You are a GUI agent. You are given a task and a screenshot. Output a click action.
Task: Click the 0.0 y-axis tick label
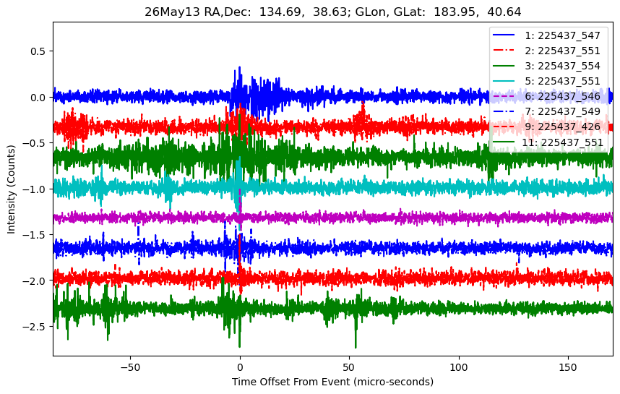pos(38,98)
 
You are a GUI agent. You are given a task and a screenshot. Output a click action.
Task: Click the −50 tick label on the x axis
pos(130,367)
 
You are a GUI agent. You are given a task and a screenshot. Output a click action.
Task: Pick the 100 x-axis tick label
pos(459,367)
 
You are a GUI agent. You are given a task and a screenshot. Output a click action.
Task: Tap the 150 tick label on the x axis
pos(568,367)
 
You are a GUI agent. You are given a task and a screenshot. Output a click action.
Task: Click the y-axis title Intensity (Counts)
pos(11,189)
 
